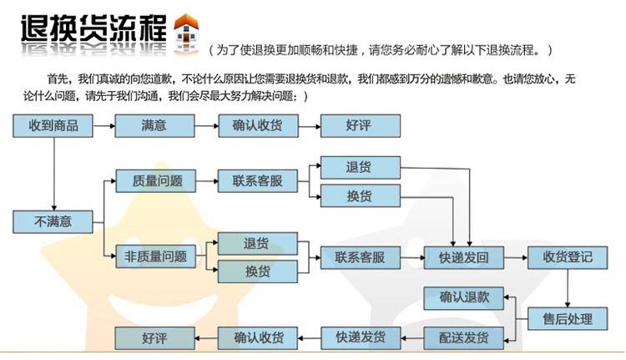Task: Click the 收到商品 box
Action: click(x=53, y=126)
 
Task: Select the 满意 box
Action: click(x=154, y=126)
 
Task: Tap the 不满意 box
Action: click(x=53, y=222)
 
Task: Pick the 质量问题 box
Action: click(x=157, y=180)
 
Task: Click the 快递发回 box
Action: click(x=464, y=257)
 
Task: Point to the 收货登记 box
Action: click(x=568, y=257)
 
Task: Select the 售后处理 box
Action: click(x=568, y=319)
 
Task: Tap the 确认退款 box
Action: click(x=464, y=297)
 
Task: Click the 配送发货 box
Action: click(x=464, y=338)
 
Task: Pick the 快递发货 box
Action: click(x=361, y=338)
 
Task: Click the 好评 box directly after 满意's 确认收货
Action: click(x=361, y=126)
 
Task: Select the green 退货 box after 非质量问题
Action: click(x=257, y=244)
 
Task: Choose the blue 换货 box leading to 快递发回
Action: click(x=359, y=196)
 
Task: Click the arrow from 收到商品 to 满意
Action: click(x=103, y=126)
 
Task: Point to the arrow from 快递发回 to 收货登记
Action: click(x=516, y=257)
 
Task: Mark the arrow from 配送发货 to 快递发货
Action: click(x=412, y=338)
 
